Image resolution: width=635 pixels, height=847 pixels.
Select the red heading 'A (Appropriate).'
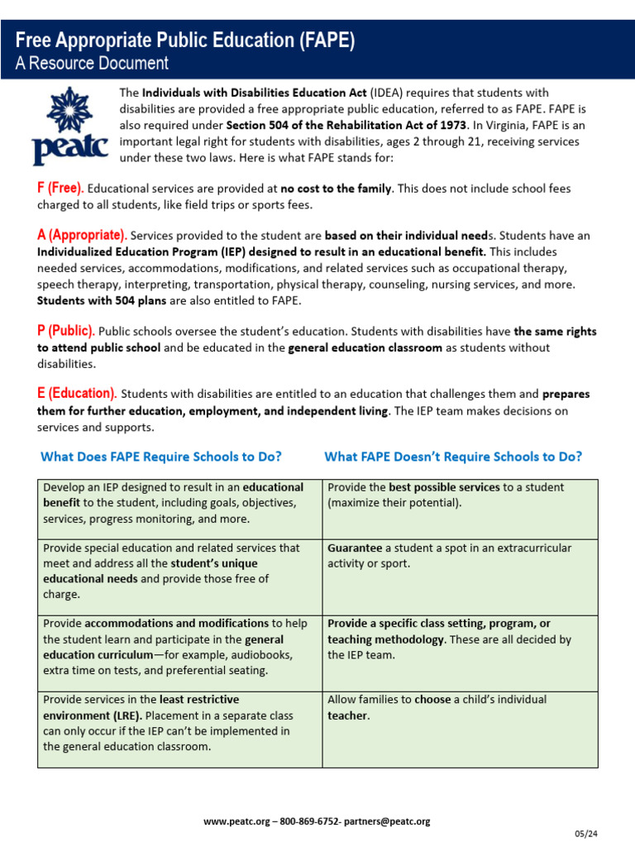point(82,235)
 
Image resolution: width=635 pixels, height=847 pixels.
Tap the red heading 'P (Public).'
point(66,331)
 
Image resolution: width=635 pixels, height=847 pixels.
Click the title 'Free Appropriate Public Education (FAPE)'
point(185,41)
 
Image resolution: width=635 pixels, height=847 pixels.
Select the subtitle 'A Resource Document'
point(92,63)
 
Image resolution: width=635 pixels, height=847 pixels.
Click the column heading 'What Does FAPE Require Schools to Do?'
point(161,457)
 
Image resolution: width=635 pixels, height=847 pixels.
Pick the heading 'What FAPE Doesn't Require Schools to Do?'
point(453,457)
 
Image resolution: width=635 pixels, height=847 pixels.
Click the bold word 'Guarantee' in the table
point(355,548)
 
